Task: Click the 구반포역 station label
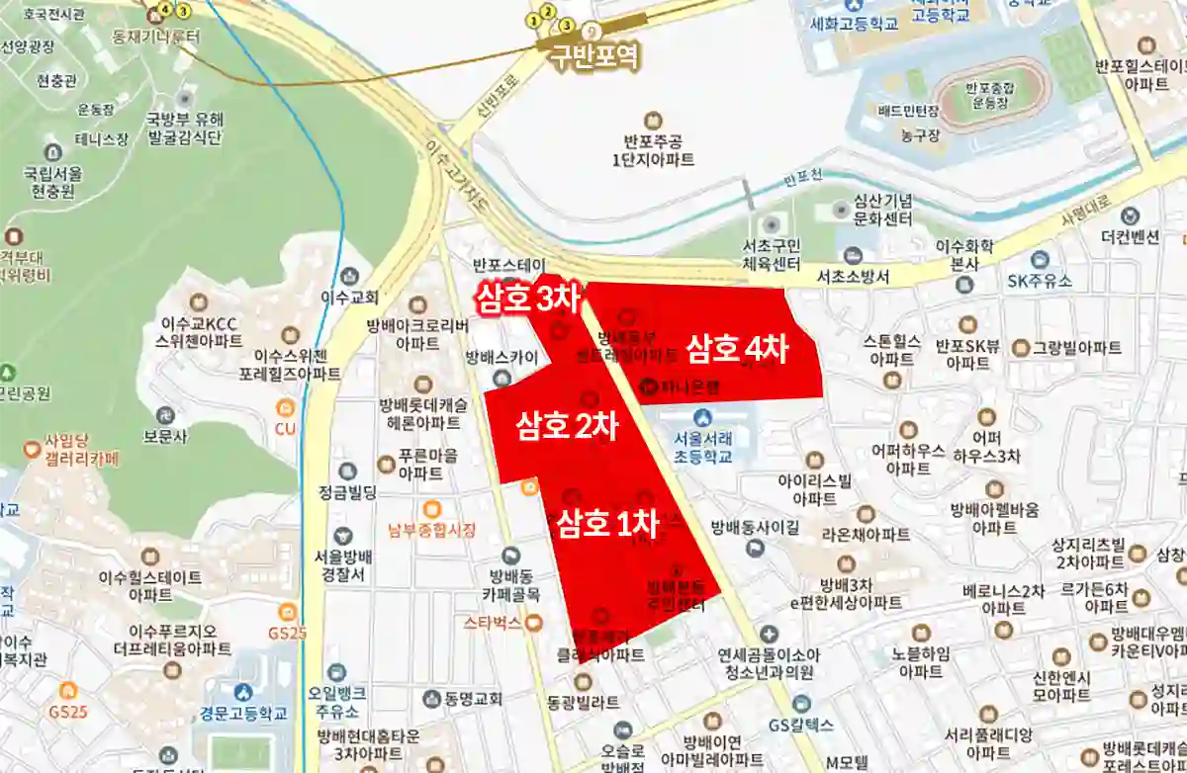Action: (x=595, y=55)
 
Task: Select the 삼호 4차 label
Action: (x=737, y=348)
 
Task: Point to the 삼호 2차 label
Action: (x=567, y=426)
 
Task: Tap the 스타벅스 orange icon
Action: (x=534, y=623)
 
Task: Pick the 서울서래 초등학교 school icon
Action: (x=702, y=418)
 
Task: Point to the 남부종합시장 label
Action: (x=431, y=530)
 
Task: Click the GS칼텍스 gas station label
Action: (x=801, y=725)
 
